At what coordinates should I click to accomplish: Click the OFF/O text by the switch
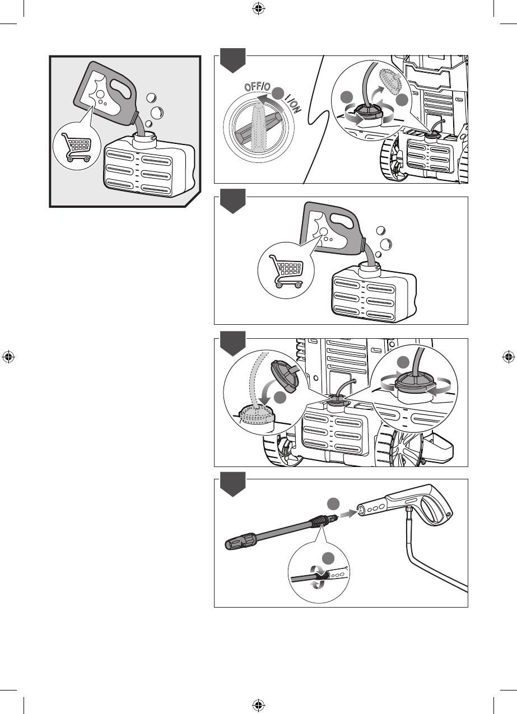[x=257, y=86]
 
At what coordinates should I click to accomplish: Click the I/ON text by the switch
[x=292, y=104]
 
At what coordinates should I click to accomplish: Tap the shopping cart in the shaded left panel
[x=77, y=147]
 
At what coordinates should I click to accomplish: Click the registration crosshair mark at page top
[x=258, y=9]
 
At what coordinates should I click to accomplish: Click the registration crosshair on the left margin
[x=8, y=357]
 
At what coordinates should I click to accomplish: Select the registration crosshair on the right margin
[x=509, y=357]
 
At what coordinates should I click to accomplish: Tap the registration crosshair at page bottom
[x=258, y=704]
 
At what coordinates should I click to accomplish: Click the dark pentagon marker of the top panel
[x=232, y=60]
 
